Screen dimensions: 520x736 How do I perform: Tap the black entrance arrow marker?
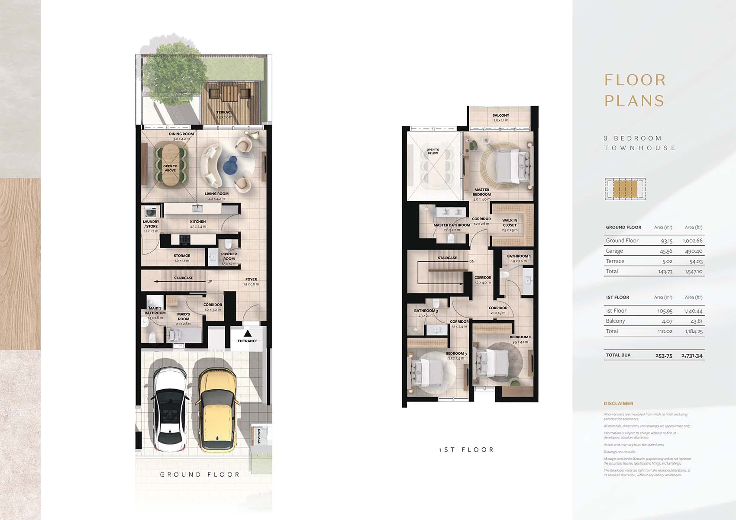pos(248,334)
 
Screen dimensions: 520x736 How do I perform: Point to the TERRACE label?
pos(224,112)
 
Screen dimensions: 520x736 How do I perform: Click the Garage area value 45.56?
pos(666,251)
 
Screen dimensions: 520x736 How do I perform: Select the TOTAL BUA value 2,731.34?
pos(692,355)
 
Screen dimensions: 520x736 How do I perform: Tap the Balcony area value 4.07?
pos(667,321)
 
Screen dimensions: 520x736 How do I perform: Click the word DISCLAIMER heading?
pos(618,403)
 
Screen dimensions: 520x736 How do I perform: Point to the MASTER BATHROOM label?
pos(452,225)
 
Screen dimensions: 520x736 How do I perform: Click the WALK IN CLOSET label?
pos(510,222)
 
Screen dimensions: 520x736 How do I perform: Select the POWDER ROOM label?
pos(229,256)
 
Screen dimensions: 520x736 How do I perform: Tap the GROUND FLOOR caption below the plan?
pos(200,475)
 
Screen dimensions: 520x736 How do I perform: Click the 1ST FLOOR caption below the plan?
pos(466,450)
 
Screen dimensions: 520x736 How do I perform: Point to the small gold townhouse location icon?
pos(625,189)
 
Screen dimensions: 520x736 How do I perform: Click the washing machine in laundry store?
pos(151,212)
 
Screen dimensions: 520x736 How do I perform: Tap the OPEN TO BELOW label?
pos(433,151)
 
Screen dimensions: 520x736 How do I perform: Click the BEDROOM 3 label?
pos(456,353)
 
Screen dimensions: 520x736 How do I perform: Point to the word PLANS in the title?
pos(634,101)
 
